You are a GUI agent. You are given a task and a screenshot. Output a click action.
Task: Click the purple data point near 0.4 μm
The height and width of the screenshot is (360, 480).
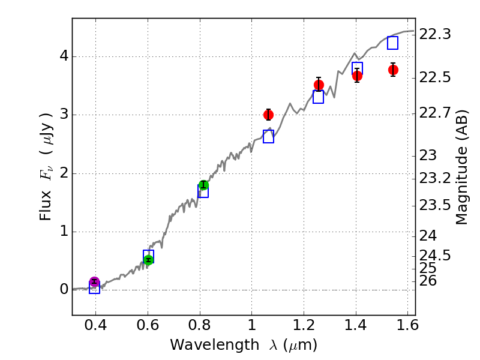[94, 282]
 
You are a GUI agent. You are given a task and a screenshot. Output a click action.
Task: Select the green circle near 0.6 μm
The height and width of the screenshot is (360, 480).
[148, 259]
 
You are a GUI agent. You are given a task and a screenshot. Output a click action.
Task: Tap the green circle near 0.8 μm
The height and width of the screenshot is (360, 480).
[203, 185]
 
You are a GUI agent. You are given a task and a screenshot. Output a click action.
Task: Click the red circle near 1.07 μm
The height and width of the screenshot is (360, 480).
[268, 115]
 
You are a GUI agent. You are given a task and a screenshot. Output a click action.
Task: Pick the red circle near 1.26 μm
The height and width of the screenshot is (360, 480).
[319, 85]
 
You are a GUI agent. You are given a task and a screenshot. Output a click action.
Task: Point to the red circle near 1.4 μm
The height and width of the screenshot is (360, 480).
[357, 76]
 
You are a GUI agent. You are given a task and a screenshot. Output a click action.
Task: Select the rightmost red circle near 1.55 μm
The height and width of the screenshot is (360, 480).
[393, 70]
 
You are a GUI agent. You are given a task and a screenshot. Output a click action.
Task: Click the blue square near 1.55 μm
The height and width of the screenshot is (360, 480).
[392, 43]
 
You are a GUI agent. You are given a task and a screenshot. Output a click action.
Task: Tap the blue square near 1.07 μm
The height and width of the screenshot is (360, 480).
[268, 137]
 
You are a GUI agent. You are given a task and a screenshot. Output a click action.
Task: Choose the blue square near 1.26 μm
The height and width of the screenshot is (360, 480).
[318, 97]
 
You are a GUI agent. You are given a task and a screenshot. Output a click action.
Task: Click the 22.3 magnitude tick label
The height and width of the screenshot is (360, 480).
[436, 35]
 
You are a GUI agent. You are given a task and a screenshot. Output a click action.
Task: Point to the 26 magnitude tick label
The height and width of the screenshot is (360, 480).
[431, 281]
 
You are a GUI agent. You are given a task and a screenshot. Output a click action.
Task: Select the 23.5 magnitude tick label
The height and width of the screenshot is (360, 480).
[436, 206]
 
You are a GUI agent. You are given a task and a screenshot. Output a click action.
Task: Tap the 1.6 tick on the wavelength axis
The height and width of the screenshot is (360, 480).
[408, 326]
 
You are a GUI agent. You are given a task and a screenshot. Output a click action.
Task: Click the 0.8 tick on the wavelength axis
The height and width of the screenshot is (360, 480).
[200, 326]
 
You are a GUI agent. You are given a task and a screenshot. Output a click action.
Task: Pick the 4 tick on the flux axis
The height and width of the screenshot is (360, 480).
[63, 56]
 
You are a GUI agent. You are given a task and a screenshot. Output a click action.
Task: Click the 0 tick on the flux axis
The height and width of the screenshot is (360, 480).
[63, 290]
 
